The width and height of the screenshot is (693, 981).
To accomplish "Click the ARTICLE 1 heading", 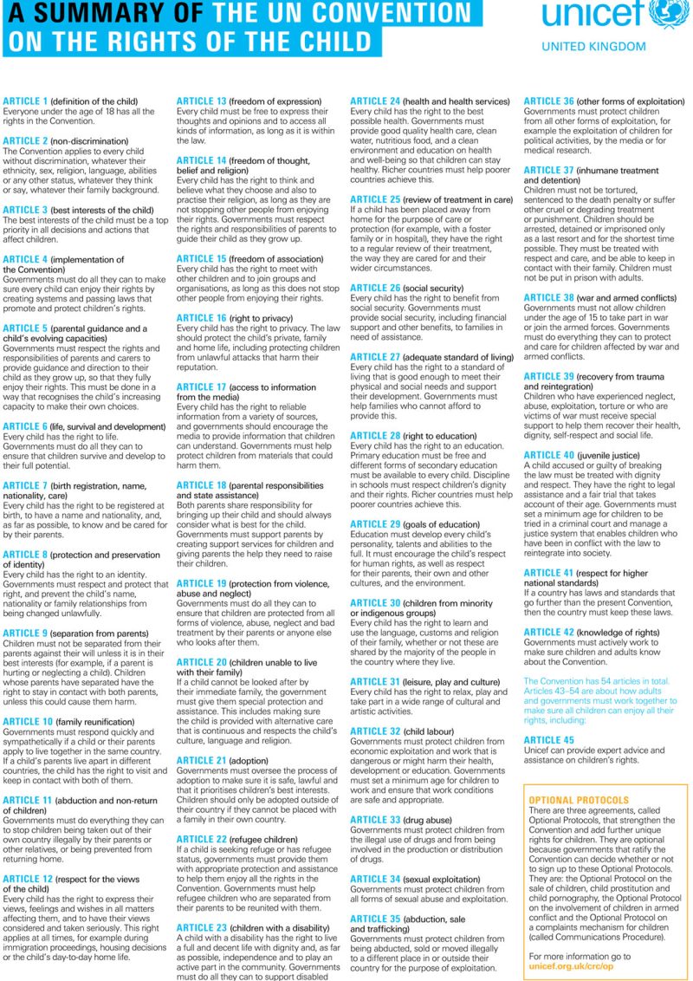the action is pyautogui.click(x=26, y=101).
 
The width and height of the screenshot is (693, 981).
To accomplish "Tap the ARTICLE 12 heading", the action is pyautogui.click(x=29, y=879).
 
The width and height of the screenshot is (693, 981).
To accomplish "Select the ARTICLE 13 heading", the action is pyautogui.click(x=202, y=101).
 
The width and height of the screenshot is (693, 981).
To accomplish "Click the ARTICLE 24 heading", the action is pyautogui.click(x=375, y=101).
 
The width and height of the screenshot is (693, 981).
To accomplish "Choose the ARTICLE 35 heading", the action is pyautogui.click(x=375, y=918).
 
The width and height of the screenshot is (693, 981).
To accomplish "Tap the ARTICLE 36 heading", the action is pyautogui.click(x=548, y=101).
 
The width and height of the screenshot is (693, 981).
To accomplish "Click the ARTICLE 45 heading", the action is pyautogui.click(x=548, y=740).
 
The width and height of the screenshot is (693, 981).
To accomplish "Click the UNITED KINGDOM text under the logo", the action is pyautogui.click(x=593, y=47).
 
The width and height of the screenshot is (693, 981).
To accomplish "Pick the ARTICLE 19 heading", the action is pyautogui.click(x=202, y=584).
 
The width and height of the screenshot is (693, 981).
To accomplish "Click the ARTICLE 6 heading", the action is pyautogui.click(x=26, y=426).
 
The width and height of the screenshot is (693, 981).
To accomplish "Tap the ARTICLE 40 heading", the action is pyautogui.click(x=548, y=455).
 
